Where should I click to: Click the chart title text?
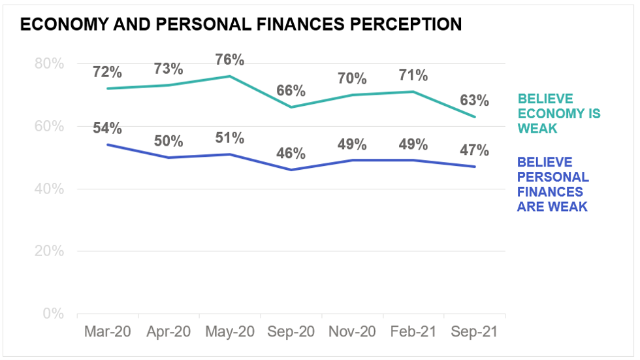[x=241, y=25]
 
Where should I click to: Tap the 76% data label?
[x=229, y=59]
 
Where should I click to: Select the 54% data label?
[x=108, y=129]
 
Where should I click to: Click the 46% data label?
[x=290, y=154]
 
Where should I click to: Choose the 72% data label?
[x=108, y=72]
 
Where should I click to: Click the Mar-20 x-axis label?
[x=108, y=331]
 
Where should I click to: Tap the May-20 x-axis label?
[x=229, y=331]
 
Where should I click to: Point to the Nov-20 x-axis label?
[x=352, y=331]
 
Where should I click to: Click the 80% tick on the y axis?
[x=50, y=63]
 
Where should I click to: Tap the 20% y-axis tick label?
[x=50, y=251]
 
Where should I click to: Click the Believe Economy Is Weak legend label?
[x=558, y=114]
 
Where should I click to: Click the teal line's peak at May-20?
[x=230, y=76]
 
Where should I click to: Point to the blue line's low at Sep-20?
[x=291, y=170]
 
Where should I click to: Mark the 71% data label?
[x=413, y=75]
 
